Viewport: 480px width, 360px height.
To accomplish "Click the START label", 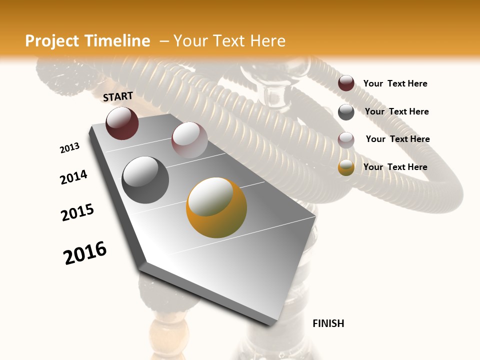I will (x=118, y=96).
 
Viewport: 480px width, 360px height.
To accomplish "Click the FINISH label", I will (x=328, y=323).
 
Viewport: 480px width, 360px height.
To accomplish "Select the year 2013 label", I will (x=69, y=148).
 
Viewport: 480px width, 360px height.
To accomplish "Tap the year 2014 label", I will (x=73, y=177).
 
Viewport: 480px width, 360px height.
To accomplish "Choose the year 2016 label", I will (x=85, y=253).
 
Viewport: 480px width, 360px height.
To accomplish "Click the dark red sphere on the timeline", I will (x=122, y=123).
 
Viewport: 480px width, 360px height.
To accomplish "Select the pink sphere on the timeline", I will (x=189, y=140).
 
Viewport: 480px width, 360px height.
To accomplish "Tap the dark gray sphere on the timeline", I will (x=145, y=180).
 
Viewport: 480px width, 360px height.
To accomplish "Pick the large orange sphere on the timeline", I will (x=216, y=207).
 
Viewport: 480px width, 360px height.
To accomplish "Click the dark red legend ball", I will (x=346, y=83).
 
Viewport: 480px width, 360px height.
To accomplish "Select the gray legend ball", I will (x=346, y=112).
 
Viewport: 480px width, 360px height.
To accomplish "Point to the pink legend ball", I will (x=346, y=140).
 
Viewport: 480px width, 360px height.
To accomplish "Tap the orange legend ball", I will (x=346, y=168).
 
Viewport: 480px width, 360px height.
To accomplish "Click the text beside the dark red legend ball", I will (x=395, y=84).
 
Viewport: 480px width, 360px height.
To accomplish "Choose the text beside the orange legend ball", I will (x=395, y=167).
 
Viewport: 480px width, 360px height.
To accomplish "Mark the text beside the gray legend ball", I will (x=396, y=111).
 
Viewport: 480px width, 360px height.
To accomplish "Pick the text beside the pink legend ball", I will (x=397, y=139).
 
